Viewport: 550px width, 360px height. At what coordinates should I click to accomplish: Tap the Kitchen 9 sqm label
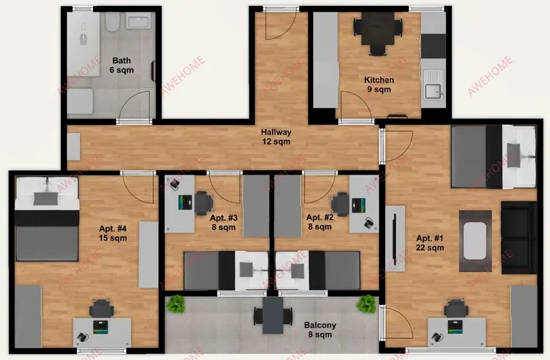tap(379, 84)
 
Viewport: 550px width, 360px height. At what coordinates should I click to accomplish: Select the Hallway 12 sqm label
tap(276, 137)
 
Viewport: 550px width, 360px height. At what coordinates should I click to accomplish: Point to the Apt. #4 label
tap(113, 233)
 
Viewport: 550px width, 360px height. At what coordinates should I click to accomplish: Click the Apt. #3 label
tap(224, 222)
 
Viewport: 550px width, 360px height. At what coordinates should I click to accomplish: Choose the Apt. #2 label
tap(320, 222)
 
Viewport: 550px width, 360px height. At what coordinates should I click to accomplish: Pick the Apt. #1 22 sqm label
tap(430, 243)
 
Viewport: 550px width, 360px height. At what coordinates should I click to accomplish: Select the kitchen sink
tap(433, 91)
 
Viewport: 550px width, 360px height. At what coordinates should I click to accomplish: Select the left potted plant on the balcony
tap(175, 304)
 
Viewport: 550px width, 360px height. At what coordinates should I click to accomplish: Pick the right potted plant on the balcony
tap(365, 304)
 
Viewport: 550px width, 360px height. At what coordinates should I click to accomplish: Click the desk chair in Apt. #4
tap(101, 309)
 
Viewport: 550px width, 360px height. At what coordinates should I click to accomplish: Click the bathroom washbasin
tap(139, 22)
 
